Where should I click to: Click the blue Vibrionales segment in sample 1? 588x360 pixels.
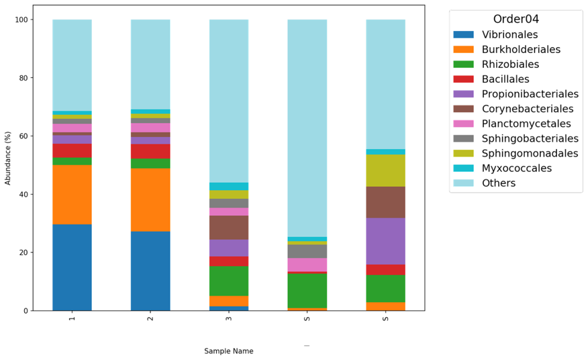72,267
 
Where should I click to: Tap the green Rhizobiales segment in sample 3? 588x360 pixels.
229,281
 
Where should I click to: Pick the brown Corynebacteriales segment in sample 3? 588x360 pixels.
229,228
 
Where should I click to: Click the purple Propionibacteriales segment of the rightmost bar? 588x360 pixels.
385,241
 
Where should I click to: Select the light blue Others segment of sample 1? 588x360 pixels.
72,65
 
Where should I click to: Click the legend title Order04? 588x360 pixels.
516,19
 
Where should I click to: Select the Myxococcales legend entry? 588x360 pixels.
517,168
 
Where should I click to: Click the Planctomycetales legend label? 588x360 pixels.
526,124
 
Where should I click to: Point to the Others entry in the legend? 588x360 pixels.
499,183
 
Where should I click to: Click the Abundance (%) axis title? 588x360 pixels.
8,165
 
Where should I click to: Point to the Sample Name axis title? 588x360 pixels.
229,351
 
